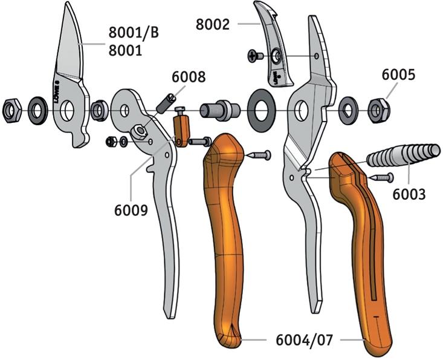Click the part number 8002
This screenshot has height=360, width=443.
(x=213, y=24)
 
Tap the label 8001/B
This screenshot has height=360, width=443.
(x=134, y=33)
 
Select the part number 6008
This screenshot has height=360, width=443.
(x=189, y=77)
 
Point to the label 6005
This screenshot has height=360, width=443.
(x=398, y=74)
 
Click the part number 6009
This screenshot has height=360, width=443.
(x=131, y=210)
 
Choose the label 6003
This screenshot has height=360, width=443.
(x=409, y=195)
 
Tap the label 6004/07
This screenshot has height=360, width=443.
(x=304, y=340)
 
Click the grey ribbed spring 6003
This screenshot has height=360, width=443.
(x=404, y=155)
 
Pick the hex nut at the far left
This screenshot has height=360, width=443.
(x=11, y=111)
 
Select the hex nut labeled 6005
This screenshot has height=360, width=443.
(x=379, y=110)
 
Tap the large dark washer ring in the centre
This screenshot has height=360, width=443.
(x=262, y=110)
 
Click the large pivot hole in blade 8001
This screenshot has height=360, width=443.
(x=67, y=111)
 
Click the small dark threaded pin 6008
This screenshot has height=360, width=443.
(x=166, y=104)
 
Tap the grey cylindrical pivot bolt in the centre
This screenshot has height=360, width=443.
(x=220, y=110)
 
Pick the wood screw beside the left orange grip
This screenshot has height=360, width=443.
(x=259, y=155)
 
